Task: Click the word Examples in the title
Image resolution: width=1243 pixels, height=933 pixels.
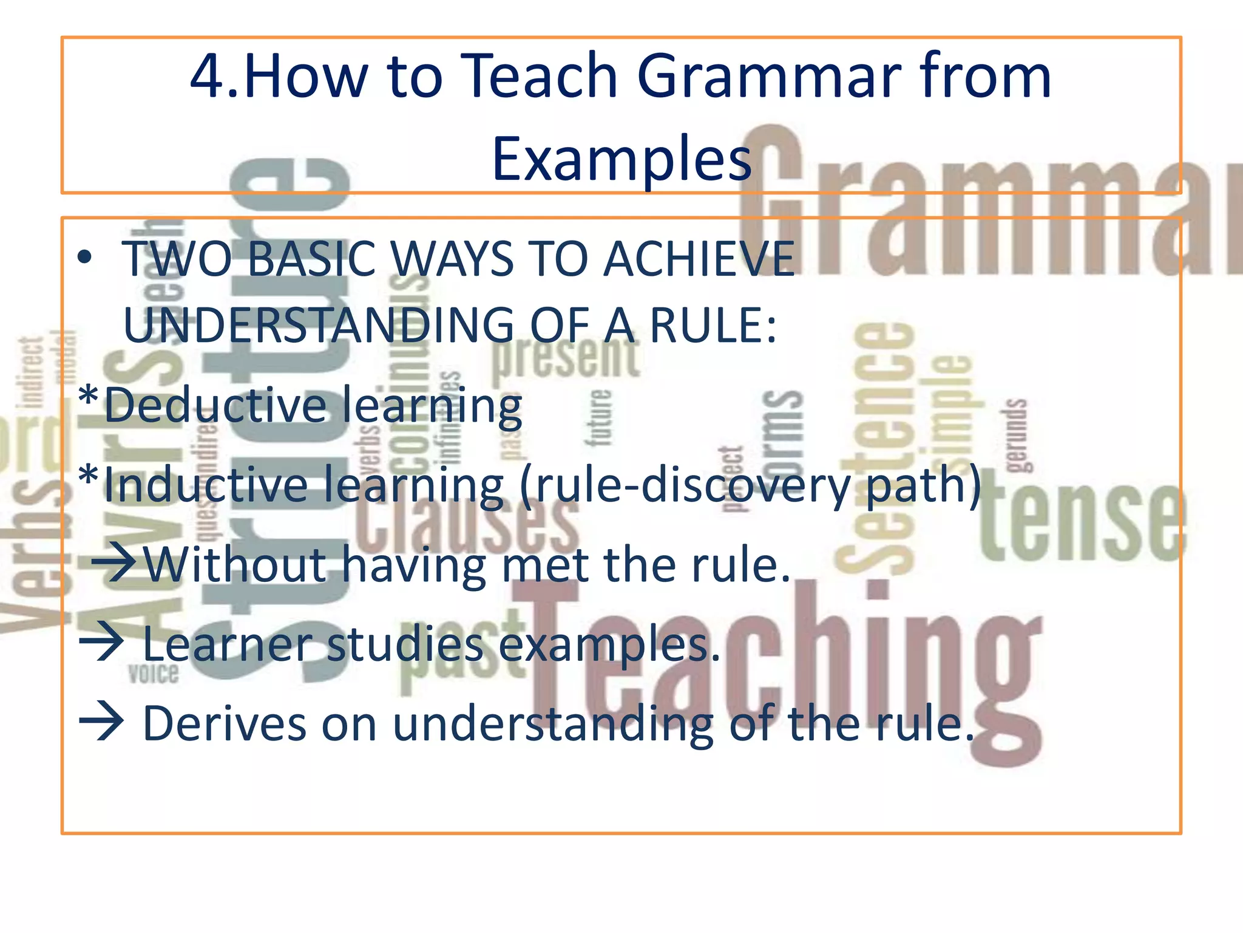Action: click(x=621, y=159)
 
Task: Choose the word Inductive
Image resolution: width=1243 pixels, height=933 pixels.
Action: click(x=206, y=485)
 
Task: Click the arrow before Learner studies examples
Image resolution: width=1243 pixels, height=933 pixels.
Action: click(x=102, y=644)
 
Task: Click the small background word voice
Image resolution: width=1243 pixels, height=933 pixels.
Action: click(x=154, y=674)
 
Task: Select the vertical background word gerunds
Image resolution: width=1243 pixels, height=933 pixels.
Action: click(x=1015, y=435)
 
